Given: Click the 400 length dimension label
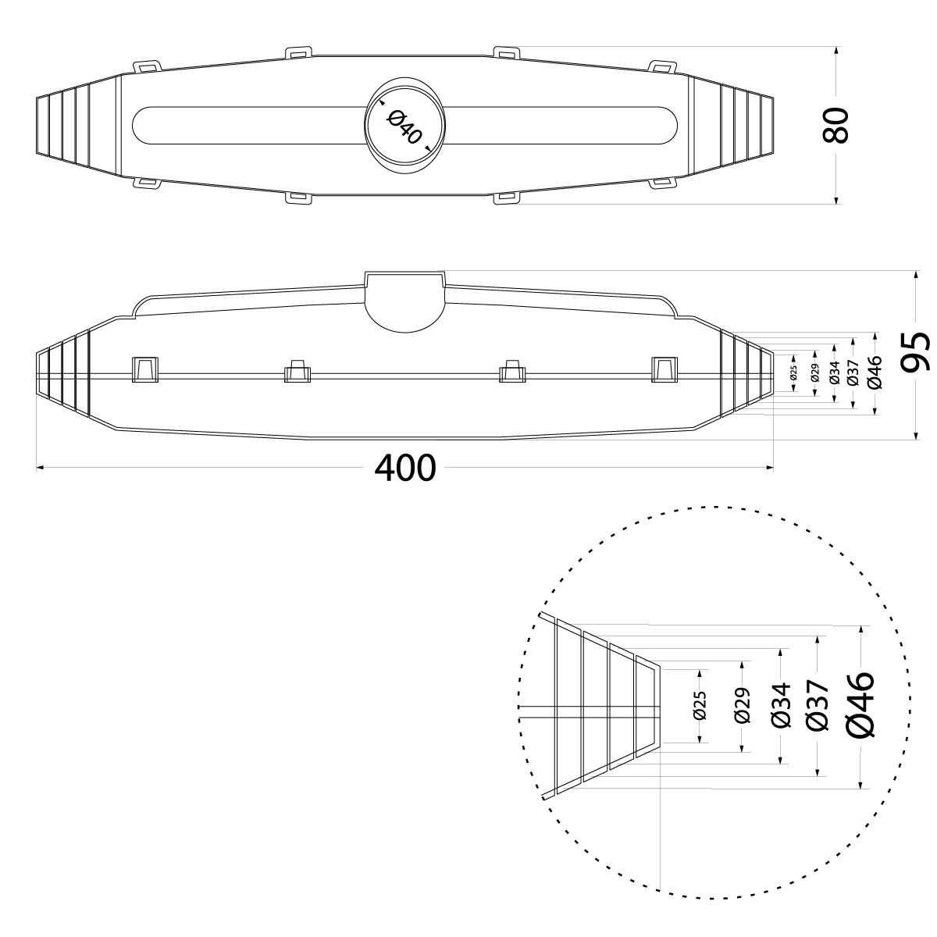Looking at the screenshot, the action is pos(405,468).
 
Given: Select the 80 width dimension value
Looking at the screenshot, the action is pos(835,125).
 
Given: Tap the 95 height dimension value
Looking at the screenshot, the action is pos(916,351).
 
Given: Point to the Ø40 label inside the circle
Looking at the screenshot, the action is pos(404,127).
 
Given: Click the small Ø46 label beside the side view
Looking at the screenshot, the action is pos(875,372).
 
